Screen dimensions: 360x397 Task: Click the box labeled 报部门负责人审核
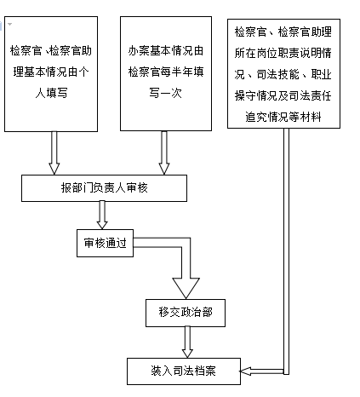pos(104,188)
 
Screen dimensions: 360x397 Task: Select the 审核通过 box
pos(105,243)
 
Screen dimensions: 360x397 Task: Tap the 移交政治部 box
pos(186,313)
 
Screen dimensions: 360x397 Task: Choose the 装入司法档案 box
pos(184,371)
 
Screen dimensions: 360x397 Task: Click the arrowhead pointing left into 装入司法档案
pos(245,371)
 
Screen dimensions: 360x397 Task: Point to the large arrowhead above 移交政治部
pos(186,288)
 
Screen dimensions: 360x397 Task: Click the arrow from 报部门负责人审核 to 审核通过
pos(102,215)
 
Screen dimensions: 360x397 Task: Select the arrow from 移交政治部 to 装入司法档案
pos(187,342)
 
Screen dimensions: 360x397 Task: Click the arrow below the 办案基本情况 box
pos(164,152)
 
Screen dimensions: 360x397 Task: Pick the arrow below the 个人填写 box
pos(54,152)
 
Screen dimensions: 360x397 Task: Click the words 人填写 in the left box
pos(51,93)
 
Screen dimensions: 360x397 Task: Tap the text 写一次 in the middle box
pos(166,93)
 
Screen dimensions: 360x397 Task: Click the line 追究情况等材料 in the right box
pos(283,117)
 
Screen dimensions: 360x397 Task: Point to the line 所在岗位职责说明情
pos(283,53)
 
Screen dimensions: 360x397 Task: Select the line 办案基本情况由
pos(166,50)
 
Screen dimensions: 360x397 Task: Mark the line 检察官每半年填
pos(166,72)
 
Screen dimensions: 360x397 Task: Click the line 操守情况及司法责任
pos(283,95)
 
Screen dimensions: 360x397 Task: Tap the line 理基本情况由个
pos(51,72)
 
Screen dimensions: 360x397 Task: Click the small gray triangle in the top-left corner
pos(10,24)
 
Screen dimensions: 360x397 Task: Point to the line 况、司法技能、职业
pos(283,74)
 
